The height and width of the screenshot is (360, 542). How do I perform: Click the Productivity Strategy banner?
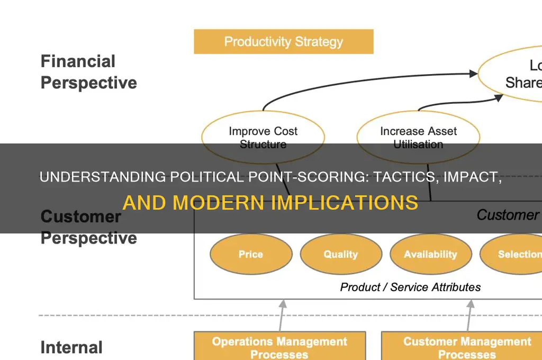[283, 42]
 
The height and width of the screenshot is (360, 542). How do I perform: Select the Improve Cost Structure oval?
[263, 137]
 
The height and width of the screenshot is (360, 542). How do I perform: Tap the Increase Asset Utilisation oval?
[418, 137]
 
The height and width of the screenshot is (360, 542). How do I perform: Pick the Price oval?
[250, 255]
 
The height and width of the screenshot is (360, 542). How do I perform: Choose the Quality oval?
[340, 255]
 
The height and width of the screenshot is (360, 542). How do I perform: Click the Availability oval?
[430, 255]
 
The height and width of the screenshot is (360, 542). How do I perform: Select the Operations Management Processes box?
[279, 347]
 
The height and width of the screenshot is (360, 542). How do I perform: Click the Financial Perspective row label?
[88, 72]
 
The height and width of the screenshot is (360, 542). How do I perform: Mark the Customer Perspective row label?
[88, 227]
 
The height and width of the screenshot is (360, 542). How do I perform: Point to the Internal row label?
[71, 347]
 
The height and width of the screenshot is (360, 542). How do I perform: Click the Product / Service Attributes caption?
[410, 287]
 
